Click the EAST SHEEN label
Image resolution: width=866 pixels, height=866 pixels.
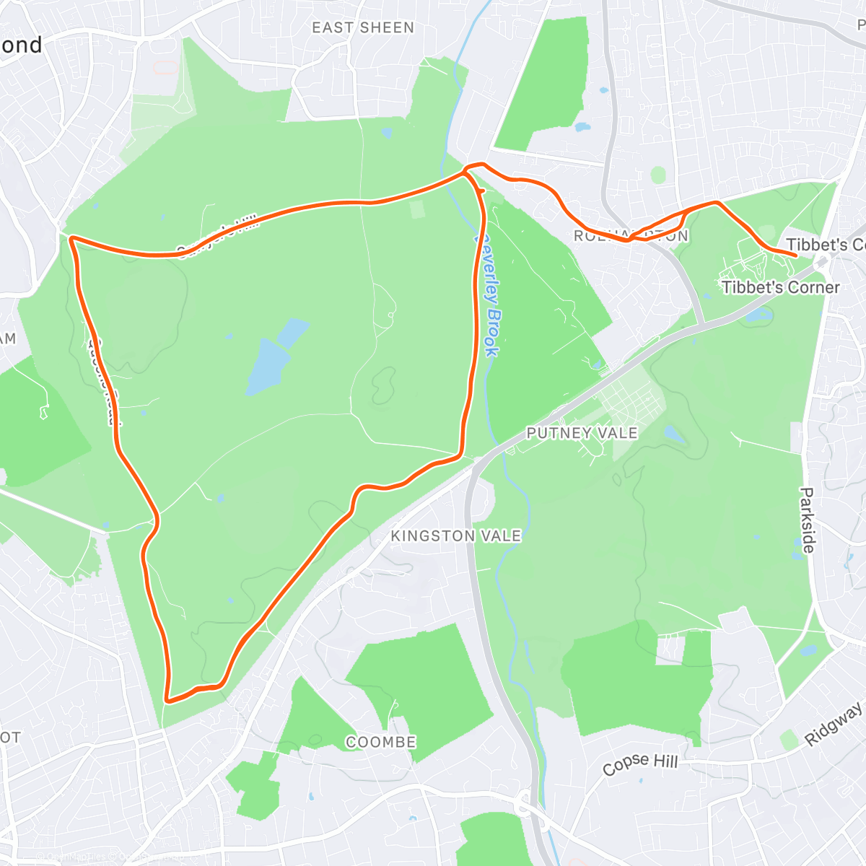[363, 28]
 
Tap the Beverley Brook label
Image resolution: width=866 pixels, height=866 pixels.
[487, 293]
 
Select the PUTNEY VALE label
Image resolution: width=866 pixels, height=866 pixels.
[582, 433]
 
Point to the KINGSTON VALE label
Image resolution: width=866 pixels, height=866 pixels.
[455, 536]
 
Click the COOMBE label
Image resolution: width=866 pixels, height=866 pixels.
[380, 743]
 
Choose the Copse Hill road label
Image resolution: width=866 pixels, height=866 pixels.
[640, 764]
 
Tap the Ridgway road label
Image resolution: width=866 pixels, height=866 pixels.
[834, 723]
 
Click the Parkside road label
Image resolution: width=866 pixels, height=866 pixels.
[807, 520]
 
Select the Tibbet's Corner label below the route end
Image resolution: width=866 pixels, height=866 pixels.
[781, 287]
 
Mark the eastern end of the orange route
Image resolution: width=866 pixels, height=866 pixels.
[795, 255]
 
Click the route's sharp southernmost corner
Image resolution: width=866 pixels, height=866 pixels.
[167, 699]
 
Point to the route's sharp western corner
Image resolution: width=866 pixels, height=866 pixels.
[71, 237]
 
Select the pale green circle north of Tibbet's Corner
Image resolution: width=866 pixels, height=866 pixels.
[657, 175]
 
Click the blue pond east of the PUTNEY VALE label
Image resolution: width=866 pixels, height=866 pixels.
[675, 434]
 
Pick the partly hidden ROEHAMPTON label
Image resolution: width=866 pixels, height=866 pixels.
[631, 236]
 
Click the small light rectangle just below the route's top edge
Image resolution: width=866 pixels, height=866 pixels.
[416, 209]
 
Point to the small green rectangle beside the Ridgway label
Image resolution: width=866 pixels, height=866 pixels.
[790, 740]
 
